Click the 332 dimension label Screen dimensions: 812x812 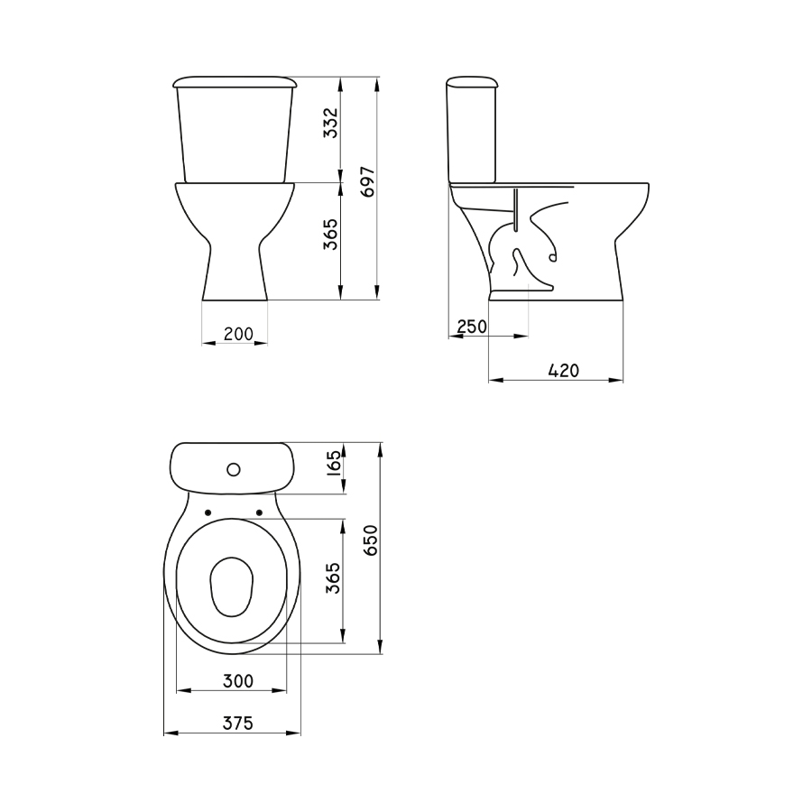(330, 123)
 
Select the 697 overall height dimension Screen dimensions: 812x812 (368, 181)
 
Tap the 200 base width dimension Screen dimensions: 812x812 (238, 334)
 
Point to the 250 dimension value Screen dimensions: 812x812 (472, 327)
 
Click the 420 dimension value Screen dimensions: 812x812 (563, 371)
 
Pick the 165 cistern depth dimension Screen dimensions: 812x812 (335, 463)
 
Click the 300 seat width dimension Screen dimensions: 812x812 (238, 681)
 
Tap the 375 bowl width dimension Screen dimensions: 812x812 (238, 723)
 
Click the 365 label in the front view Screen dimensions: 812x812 (330, 234)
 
